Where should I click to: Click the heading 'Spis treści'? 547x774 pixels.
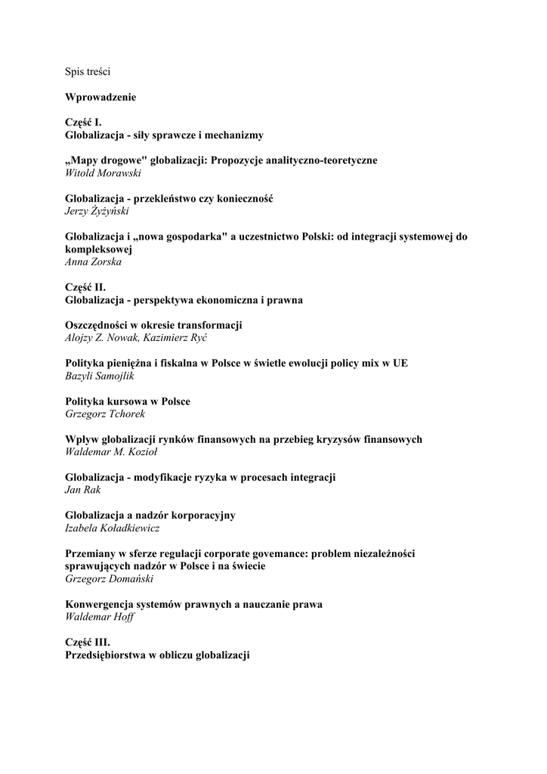pyautogui.click(x=88, y=72)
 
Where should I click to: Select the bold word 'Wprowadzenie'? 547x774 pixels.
pyautogui.click(x=100, y=98)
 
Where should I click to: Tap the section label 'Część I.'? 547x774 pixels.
pyautogui.click(x=83, y=122)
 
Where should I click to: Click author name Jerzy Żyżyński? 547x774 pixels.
pyautogui.click(x=97, y=211)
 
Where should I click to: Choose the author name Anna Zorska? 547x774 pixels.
pyautogui.click(x=93, y=262)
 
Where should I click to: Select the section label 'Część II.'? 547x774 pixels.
pyautogui.click(x=85, y=287)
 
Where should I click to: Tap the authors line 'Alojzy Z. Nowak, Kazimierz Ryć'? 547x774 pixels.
pyautogui.click(x=136, y=338)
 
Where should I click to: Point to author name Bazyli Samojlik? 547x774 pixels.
pyautogui.click(x=100, y=376)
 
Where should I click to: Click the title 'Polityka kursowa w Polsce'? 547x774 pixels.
pyautogui.click(x=128, y=401)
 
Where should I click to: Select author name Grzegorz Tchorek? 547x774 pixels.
pyautogui.click(x=104, y=413)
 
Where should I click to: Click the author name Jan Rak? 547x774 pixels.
pyautogui.click(x=82, y=490)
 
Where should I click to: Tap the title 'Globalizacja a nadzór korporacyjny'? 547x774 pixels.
pyautogui.click(x=150, y=515)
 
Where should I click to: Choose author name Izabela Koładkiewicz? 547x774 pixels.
pyautogui.click(x=112, y=528)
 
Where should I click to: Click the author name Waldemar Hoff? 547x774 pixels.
pyautogui.click(x=100, y=617)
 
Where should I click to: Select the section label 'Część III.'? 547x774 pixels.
pyautogui.click(x=88, y=642)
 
